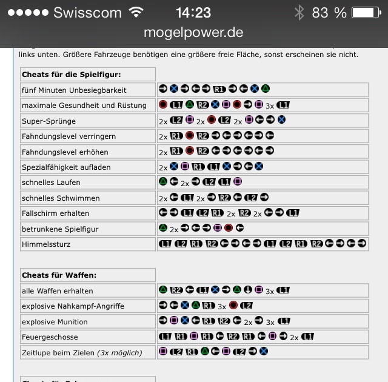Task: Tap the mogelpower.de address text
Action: click(x=193, y=32)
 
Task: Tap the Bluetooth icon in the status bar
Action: click(x=298, y=12)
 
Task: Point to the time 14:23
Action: click(x=193, y=12)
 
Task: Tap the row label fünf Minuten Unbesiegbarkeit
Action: click(x=74, y=90)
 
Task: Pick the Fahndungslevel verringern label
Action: click(x=69, y=136)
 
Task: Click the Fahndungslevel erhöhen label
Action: click(x=65, y=152)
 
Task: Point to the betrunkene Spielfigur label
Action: click(x=59, y=229)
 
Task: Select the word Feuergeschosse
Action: click(x=50, y=337)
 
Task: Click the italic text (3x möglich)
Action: click(x=119, y=352)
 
